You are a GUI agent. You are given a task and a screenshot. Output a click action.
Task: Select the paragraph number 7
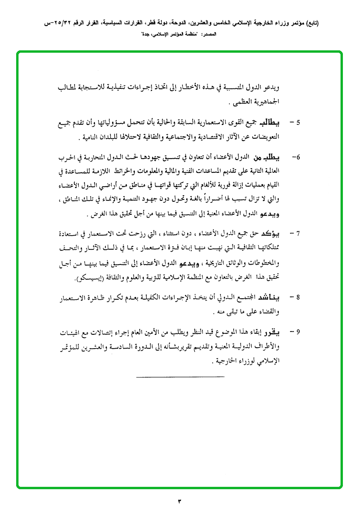tap(298, 234)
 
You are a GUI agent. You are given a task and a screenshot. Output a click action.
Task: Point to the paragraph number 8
tap(298, 298)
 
